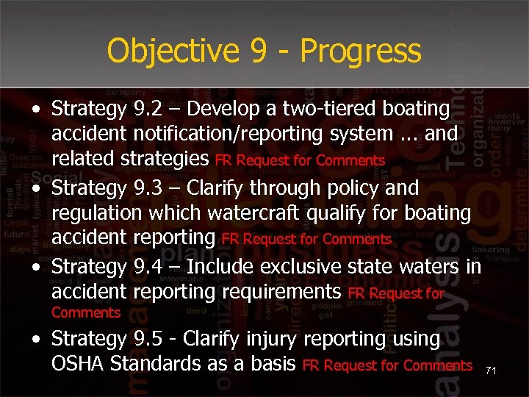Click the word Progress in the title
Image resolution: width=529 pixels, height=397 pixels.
pos(360,51)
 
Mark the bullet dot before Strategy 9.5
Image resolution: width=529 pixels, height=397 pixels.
pos(36,340)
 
